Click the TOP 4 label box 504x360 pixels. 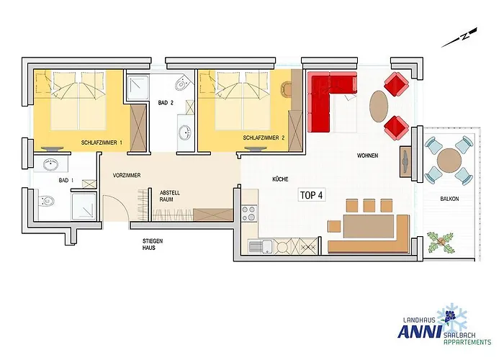pyautogui.click(x=312, y=195)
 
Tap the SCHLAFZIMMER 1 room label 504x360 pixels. pyautogui.click(x=102, y=143)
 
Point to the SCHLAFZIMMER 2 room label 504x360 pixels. pyautogui.click(x=264, y=138)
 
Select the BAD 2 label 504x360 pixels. pyautogui.click(x=166, y=103)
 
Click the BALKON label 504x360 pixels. pyautogui.click(x=449, y=199)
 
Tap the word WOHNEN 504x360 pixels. pyautogui.click(x=367, y=156)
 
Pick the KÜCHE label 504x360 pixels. pyautogui.click(x=280, y=179)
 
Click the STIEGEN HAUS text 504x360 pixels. pyautogui.click(x=153, y=244)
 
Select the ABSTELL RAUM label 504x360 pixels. pyautogui.click(x=170, y=196)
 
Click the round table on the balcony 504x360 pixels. pyautogui.click(x=449, y=160)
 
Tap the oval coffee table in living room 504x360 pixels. pyautogui.click(x=379, y=106)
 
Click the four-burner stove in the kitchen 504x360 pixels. pyautogui.click(x=249, y=214)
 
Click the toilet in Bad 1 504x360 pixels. pyautogui.click(x=46, y=202)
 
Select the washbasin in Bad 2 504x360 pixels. pyautogui.click(x=184, y=132)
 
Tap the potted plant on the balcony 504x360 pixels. pyautogui.click(x=441, y=242)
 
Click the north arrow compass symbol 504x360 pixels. pyautogui.click(x=459, y=37)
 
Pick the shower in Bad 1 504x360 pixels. pyautogui.click(x=84, y=207)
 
